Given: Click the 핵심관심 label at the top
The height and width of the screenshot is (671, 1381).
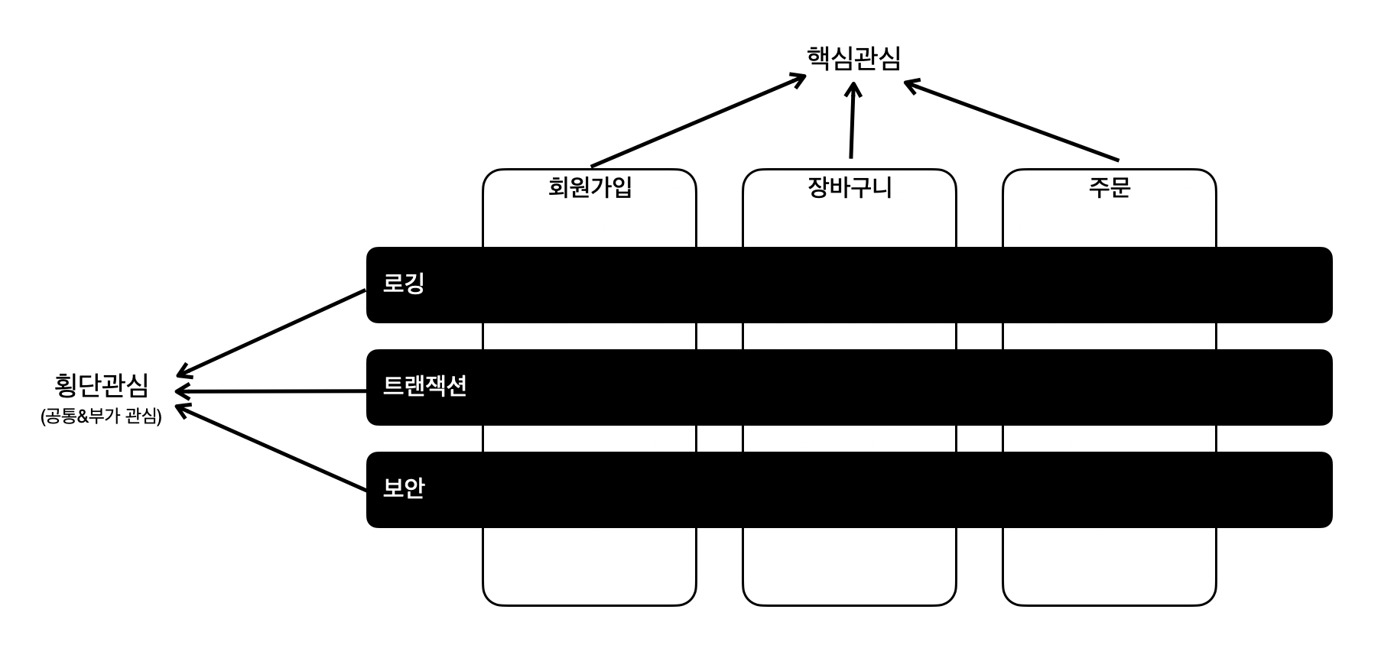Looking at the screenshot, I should tap(853, 58).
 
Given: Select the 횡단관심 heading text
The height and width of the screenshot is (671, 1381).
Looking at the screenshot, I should tap(102, 385).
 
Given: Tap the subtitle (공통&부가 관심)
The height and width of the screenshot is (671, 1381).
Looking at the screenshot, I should tap(102, 417).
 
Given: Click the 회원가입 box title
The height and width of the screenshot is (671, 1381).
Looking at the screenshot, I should tap(590, 187).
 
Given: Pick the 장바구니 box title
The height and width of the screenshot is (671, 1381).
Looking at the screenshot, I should tap(850, 187).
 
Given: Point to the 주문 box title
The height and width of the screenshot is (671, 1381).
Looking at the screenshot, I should tap(1109, 187).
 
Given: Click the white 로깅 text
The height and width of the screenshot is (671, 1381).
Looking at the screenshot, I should tap(403, 284).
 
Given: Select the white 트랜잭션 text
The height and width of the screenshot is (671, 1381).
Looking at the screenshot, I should tap(424, 386).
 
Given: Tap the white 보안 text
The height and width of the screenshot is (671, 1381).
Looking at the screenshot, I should tap(403, 488).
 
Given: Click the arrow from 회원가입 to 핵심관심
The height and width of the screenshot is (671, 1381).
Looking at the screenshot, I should tap(697, 120).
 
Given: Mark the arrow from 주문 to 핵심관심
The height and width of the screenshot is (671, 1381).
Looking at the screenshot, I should tap(1011, 122).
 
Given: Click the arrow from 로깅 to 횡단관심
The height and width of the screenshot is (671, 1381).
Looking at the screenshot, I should tap(272, 332).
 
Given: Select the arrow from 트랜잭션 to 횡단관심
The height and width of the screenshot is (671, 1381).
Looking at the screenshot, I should tap(272, 391).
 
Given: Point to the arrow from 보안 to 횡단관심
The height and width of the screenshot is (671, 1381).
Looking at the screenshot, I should tap(272, 448).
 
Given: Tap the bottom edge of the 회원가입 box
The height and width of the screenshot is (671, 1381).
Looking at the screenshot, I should tap(590, 605).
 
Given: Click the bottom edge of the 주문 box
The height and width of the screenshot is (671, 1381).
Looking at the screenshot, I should tap(1109, 605).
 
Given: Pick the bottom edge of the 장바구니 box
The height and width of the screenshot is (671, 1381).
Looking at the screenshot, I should tap(850, 605).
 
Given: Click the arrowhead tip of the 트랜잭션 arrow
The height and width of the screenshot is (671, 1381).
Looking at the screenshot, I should tap(177, 392).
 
